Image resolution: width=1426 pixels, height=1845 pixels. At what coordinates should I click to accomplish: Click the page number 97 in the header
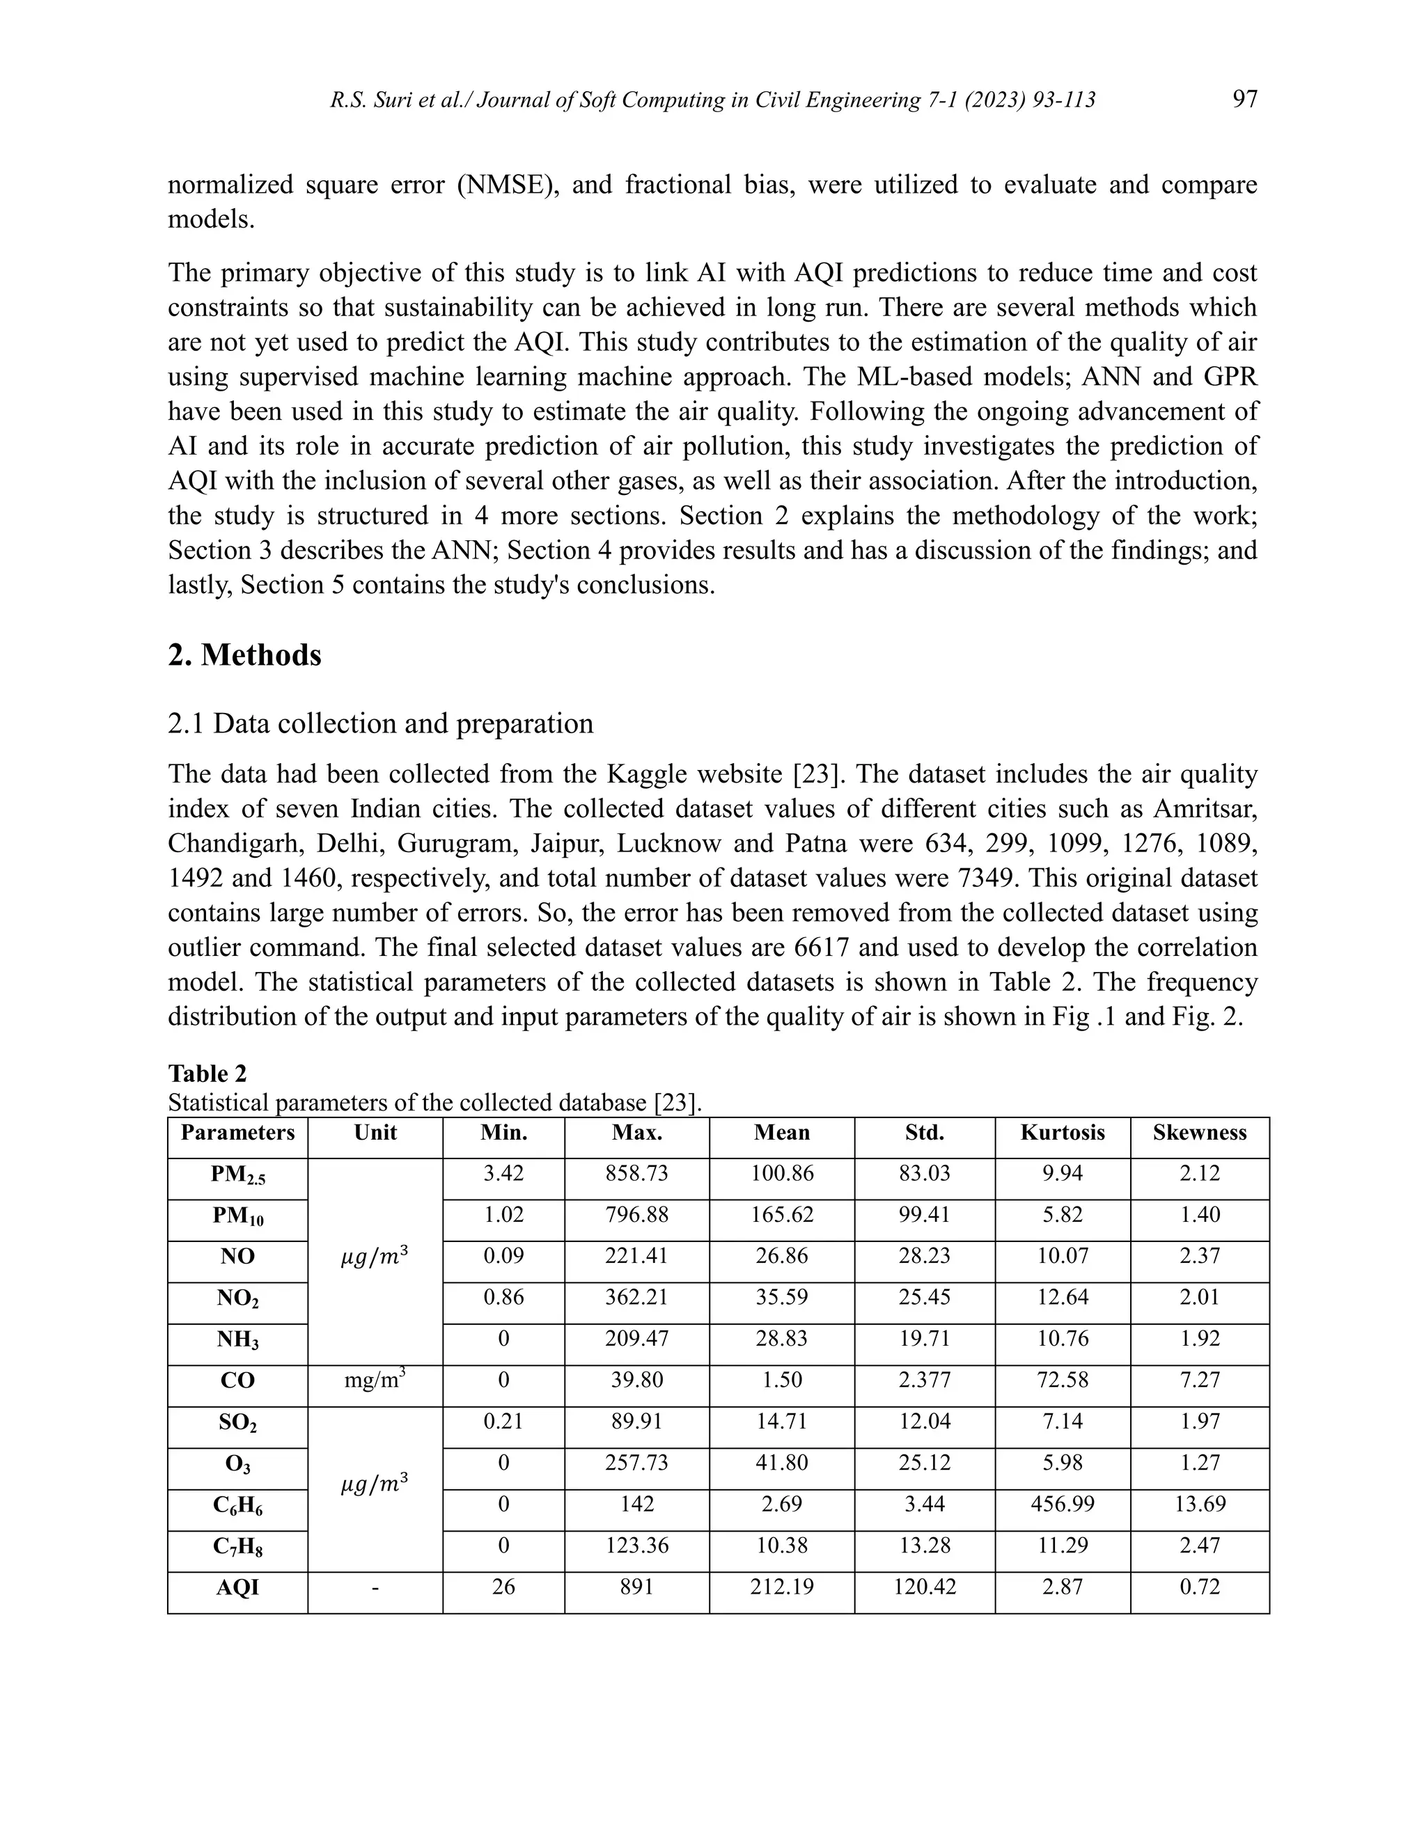[x=1244, y=100]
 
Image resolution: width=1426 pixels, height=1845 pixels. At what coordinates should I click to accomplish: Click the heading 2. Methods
[x=244, y=654]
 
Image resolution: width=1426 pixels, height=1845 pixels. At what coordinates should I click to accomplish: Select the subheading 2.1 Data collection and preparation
[x=380, y=723]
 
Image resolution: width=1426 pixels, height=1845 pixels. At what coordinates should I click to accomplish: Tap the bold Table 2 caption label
[x=207, y=1074]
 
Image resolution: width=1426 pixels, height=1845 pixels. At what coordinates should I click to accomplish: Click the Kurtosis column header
[x=1062, y=1133]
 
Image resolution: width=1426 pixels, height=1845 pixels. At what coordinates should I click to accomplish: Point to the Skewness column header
[x=1199, y=1133]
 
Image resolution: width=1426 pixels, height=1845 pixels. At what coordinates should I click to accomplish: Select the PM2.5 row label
[x=237, y=1175]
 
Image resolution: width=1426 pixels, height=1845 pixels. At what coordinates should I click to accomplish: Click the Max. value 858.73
[x=636, y=1173]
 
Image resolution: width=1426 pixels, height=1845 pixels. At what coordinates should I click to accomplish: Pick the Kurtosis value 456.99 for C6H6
[x=1062, y=1505]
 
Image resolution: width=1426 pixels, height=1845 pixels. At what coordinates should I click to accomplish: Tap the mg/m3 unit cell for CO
[x=375, y=1381]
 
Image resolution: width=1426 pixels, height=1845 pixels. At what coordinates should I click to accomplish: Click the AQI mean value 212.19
[x=781, y=1587]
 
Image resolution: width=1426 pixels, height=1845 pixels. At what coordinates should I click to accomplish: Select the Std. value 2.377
[x=924, y=1381]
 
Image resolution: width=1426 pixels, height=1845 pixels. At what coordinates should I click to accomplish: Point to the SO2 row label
[x=237, y=1424]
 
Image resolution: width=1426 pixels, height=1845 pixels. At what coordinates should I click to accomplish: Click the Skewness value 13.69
[x=1199, y=1505]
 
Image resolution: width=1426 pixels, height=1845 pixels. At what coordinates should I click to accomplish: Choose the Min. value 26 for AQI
[x=503, y=1587]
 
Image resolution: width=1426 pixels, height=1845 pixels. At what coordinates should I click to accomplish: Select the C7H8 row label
[x=237, y=1548]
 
